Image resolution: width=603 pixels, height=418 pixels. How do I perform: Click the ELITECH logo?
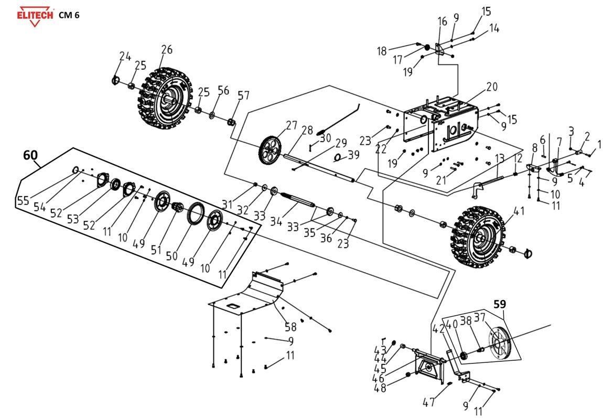click(x=35, y=15)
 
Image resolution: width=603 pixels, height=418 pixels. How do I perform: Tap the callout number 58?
click(x=290, y=327)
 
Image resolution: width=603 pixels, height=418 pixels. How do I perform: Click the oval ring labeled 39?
click(x=339, y=157)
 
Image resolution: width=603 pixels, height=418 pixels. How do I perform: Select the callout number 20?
click(x=491, y=87)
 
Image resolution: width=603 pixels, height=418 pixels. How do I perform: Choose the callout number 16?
click(x=442, y=22)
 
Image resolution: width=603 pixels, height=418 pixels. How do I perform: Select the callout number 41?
click(x=519, y=212)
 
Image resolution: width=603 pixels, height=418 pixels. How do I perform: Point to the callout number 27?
click(x=292, y=125)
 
